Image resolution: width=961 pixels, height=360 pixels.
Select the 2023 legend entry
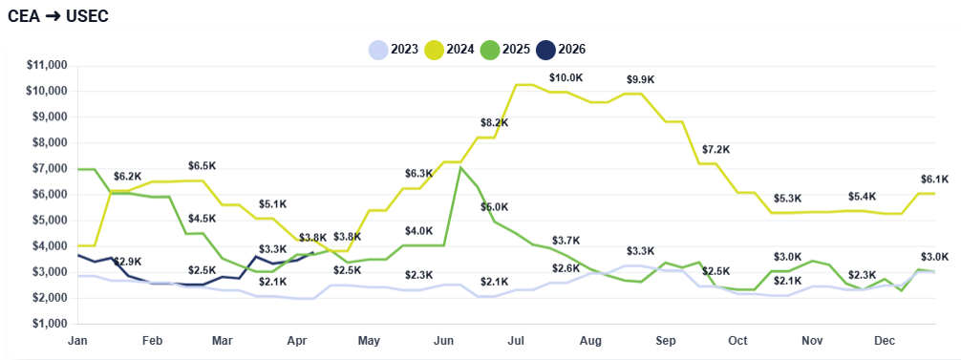tap(394, 49)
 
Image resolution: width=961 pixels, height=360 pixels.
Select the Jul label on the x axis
tap(517, 340)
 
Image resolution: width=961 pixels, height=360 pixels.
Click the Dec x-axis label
tap(886, 340)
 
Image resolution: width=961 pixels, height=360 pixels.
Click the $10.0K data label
tap(566, 77)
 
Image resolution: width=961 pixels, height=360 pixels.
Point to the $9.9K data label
tap(640, 79)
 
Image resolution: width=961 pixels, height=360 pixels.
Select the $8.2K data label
tap(494, 123)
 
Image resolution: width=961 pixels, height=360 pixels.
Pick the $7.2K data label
tap(715, 150)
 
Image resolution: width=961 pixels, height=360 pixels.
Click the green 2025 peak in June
tap(460, 167)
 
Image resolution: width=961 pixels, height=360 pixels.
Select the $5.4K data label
tap(862, 197)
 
